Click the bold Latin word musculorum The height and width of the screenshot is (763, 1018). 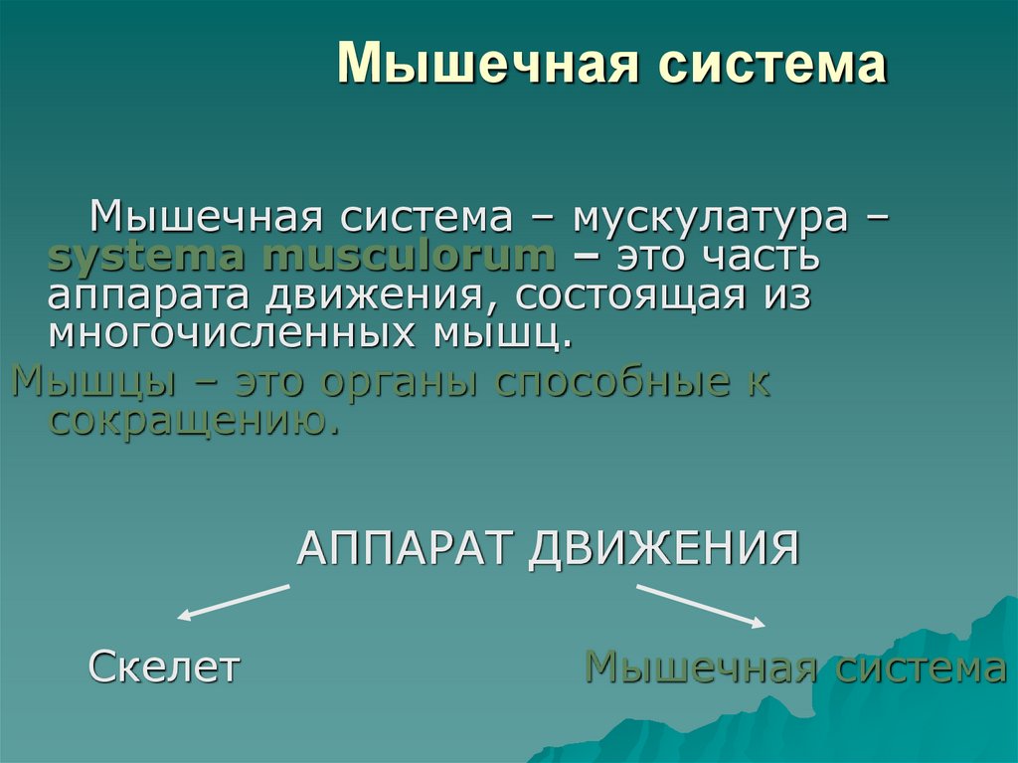[410, 257]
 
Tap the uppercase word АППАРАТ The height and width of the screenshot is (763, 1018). [407, 548]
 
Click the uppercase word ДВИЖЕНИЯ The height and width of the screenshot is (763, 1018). [664, 548]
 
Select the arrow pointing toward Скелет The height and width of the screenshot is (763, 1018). [233, 603]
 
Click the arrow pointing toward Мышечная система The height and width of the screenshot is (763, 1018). [702, 605]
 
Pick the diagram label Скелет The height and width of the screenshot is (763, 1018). [164, 667]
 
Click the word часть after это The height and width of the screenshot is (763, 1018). [763, 257]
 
